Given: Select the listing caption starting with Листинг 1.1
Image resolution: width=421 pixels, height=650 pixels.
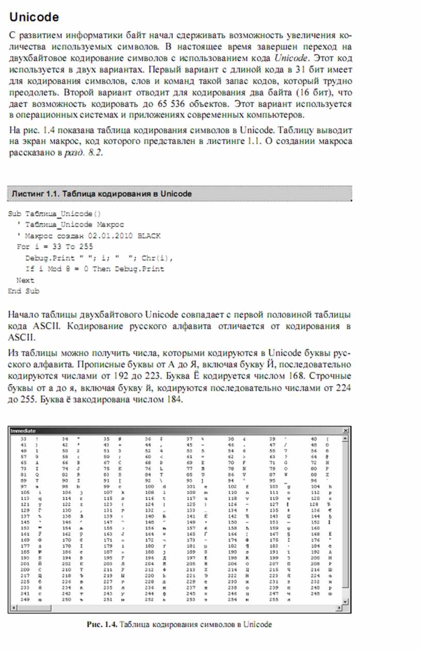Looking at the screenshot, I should (x=101, y=194).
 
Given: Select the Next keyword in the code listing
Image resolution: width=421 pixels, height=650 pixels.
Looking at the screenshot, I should (x=25, y=281).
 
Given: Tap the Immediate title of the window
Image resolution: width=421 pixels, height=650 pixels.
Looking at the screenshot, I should (x=23, y=430).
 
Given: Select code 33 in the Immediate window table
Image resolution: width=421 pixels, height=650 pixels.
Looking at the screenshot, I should (x=23, y=438).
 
